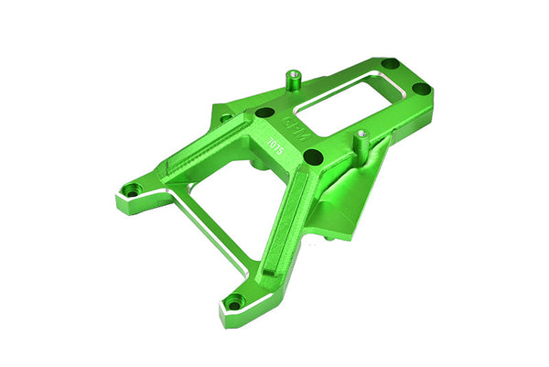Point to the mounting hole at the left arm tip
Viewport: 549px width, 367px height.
point(133,190)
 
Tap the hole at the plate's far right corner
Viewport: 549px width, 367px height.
point(421,89)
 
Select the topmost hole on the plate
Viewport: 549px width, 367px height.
point(390,64)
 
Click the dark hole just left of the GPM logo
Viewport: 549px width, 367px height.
point(264,113)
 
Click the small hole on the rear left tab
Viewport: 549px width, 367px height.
point(224,117)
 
